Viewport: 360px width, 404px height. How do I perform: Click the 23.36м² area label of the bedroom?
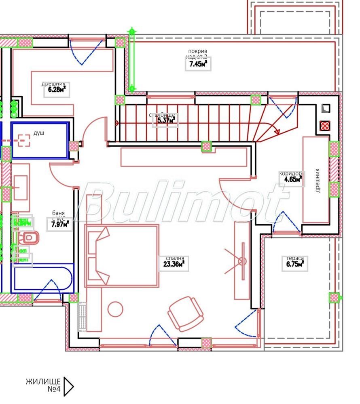coord(172,265)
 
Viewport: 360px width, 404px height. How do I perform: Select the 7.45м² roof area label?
coord(198,64)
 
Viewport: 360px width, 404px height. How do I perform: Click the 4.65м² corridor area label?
coord(291,180)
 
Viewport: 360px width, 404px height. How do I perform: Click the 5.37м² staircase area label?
coord(165,120)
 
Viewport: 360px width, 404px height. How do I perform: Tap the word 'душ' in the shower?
coord(39,132)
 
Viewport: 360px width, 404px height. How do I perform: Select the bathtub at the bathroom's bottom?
coord(43,278)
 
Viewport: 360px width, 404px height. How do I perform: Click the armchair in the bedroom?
coord(186,314)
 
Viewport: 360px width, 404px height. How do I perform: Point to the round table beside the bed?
coord(116,309)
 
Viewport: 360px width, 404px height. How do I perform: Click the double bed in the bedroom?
coord(121,256)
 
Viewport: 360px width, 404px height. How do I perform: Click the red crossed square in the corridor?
coord(325,126)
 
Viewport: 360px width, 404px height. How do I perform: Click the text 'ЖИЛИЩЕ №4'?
coord(43,385)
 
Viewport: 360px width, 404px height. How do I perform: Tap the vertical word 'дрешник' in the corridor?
coord(317,180)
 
